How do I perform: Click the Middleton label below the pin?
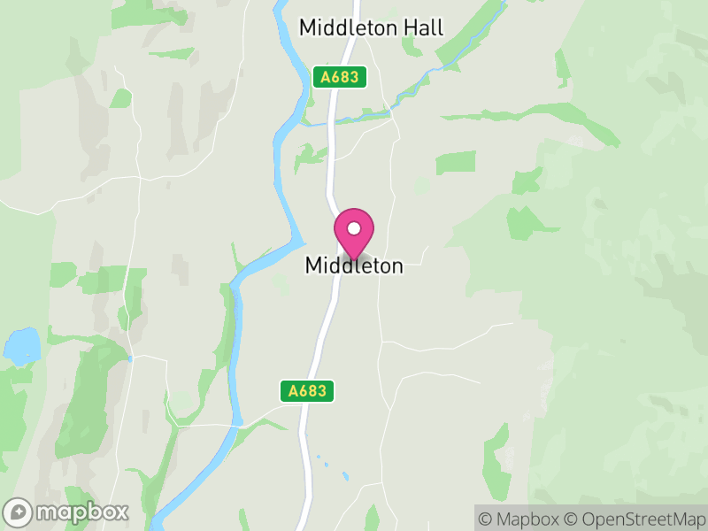tap(354, 265)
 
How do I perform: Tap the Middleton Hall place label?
tap(371, 27)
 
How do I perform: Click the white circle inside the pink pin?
tap(354, 228)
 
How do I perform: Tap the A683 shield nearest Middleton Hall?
tap(340, 77)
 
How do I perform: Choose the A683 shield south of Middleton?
tap(308, 390)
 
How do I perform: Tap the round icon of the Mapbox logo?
tap(19, 512)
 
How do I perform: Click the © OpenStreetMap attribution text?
tap(633, 519)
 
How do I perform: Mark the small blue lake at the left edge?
tap(22, 346)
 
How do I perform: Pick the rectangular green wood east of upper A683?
tap(456, 162)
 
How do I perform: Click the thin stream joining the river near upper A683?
tap(354, 118)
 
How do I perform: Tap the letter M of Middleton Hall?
tap(307, 27)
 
